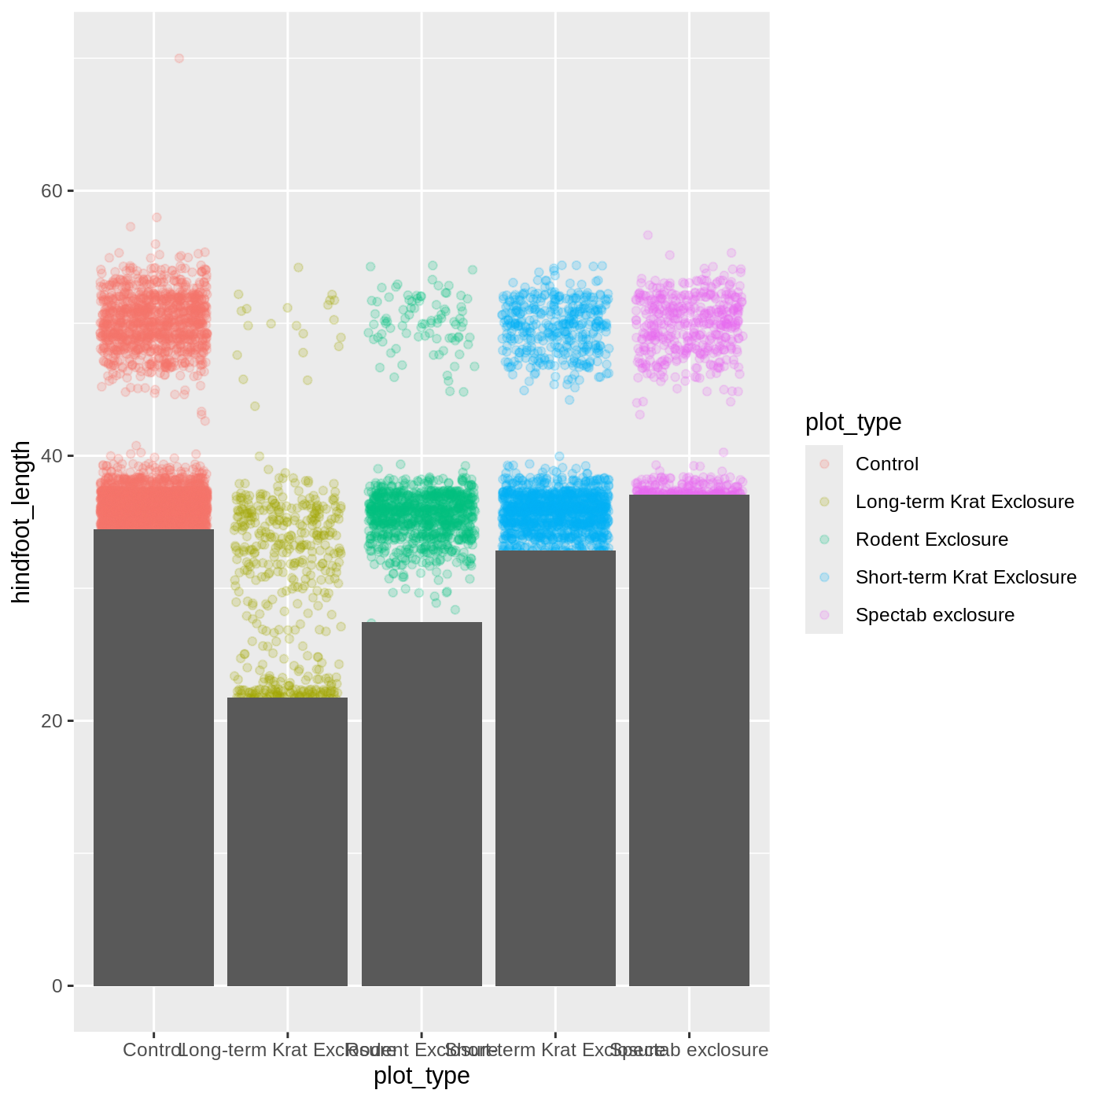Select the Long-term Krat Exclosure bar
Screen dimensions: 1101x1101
tap(287, 841)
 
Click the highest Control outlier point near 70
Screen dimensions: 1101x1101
tap(179, 58)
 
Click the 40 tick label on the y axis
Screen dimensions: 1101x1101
tap(51, 456)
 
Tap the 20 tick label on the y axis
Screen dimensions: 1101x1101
tap(51, 721)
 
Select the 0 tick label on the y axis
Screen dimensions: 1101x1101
tap(57, 986)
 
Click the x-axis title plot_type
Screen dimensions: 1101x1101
tap(422, 1076)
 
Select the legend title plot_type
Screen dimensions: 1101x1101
tap(853, 422)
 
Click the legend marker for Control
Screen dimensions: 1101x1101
tap(824, 464)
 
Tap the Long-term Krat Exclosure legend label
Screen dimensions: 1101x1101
tap(965, 502)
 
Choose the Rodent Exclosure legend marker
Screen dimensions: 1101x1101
tap(824, 539)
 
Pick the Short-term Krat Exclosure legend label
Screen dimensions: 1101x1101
tap(966, 577)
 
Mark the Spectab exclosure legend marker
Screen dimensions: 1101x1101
tap(824, 615)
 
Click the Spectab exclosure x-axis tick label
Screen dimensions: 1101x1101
tap(690, 1050)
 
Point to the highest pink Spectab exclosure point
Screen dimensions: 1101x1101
tap(648, 235)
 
